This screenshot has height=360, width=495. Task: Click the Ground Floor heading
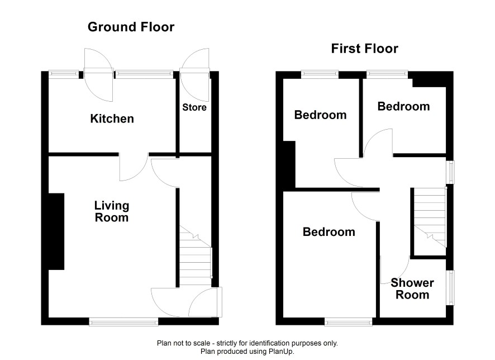[x=131, y=27]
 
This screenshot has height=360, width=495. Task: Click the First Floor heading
[x=365, y=49]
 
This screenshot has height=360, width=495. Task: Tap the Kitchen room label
[x=112, y=119]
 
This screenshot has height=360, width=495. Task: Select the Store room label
[x=194, y=107]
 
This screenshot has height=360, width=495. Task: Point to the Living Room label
[x=112, y=211]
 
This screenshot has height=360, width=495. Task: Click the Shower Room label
[x=412, y=288]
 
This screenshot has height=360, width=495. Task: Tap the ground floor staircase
[x=196, y=256]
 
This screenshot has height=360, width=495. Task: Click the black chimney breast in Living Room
[x=56, y=231]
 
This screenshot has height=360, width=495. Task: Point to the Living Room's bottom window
[x=124, y=322]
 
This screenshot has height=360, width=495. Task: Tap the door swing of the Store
[x=195, y=75]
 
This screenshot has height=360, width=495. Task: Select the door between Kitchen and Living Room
[x=134, y=167]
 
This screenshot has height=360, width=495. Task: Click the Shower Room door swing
[x=395, y=269]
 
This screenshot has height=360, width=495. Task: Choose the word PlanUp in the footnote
[x=280, y=351]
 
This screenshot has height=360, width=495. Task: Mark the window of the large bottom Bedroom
[x=349, y=322]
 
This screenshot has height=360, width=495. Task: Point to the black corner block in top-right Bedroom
[x=429, y=79]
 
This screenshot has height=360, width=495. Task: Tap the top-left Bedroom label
[x=321, y=115]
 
